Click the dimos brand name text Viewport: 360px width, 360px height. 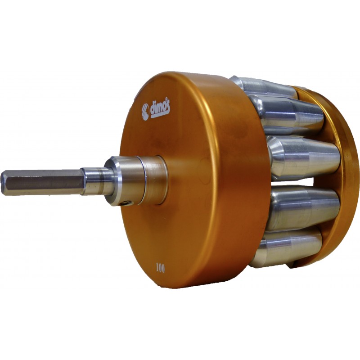tap(160, 110)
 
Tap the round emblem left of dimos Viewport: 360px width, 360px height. tap(145, 112)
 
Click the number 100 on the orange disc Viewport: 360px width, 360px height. tap(160, 268)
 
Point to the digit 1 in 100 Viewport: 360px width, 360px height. tap(157, 267)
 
